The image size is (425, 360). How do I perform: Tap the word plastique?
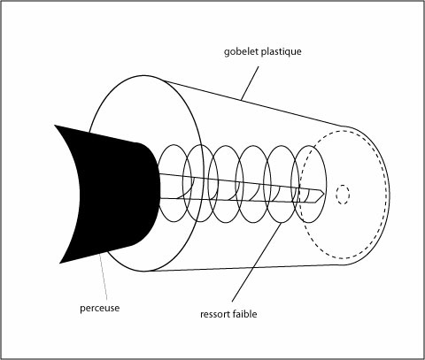tap(282, 51)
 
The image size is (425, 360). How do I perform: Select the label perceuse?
tap(100, 309)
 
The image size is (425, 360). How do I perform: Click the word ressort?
tap(215, 314)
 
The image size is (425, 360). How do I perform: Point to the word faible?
tap(244, 314)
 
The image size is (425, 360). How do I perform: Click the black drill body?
tap(115, 193)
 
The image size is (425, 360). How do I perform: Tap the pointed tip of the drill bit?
tap(324, 194)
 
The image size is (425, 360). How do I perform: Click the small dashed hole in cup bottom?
tap(343, 195)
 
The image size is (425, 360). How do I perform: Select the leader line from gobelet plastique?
tap(250, 83)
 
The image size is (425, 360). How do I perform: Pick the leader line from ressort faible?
tap(257, 262)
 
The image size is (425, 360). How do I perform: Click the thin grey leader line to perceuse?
tap(104, 277)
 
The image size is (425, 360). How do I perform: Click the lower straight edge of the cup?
tap(245, 268)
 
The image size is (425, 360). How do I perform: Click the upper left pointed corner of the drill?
tap(55, 125)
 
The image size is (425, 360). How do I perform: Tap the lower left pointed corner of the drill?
tap(60, 263)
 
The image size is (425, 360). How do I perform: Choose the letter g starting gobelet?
tap(227, 52)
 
